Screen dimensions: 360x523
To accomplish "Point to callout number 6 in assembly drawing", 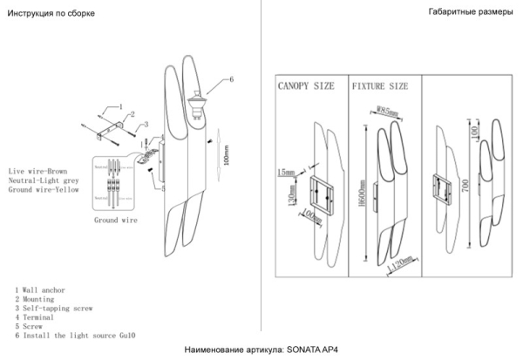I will pos(232,79).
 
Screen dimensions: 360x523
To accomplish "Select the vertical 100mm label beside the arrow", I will pos(227,155).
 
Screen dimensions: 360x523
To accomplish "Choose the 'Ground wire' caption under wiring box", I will pos(116,221).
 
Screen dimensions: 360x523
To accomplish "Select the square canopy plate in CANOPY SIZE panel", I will pos(317,193).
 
